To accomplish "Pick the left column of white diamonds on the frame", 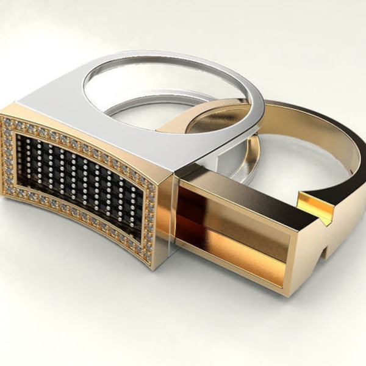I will (8, 156).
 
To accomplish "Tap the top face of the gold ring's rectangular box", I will (244, 186).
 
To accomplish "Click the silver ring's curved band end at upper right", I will (256, 104).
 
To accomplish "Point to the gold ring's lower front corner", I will (287, 290).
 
